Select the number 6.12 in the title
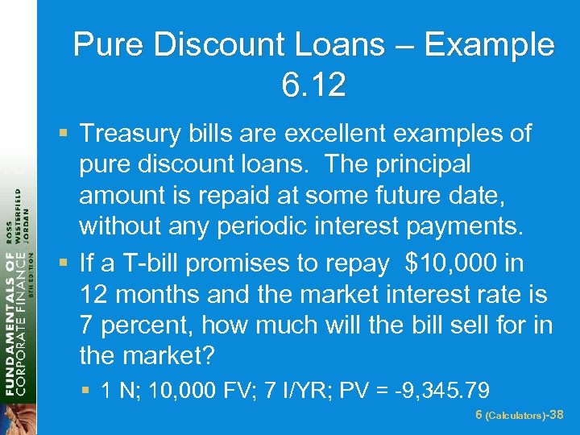click(x=313, y=85)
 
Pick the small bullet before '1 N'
click(x=86, y=392)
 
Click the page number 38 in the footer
click(x=555, y=415)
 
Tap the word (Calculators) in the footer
click(x=516, y=416)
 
